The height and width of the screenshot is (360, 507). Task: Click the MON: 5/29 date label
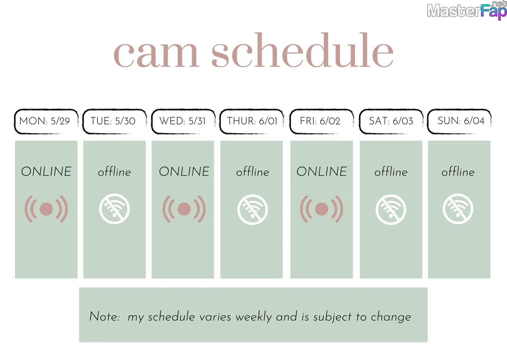[x=45, y=121]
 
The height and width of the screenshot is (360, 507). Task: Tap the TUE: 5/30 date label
[x=113, y=121]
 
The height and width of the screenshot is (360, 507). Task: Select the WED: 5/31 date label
[x=182, y=121]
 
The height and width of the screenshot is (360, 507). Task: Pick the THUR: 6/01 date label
[x=252, y=121]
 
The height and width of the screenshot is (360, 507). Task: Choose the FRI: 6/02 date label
[x=320, y=121]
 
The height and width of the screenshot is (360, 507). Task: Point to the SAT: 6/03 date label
[x=391, y=121]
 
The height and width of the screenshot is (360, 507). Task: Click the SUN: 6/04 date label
[x=461, y=121]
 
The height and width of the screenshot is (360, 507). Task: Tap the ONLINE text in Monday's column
[x=46, y=171]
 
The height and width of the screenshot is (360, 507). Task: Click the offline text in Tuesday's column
[x=114, y=172]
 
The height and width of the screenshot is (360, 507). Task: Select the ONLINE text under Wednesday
[x=184, y=171]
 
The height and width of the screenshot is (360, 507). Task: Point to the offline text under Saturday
[x=391, y=172]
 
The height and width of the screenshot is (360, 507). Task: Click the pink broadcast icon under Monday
[x=46, y=209]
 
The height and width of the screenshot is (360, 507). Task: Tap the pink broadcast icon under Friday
[x=322, y=209]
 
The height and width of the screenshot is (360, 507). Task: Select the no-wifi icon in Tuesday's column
[x=114, y=209]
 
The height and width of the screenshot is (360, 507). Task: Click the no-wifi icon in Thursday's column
[x=252, y=210]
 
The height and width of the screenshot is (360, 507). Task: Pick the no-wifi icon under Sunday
[x=458, y=209]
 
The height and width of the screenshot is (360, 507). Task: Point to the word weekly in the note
[x=254, y=317]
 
